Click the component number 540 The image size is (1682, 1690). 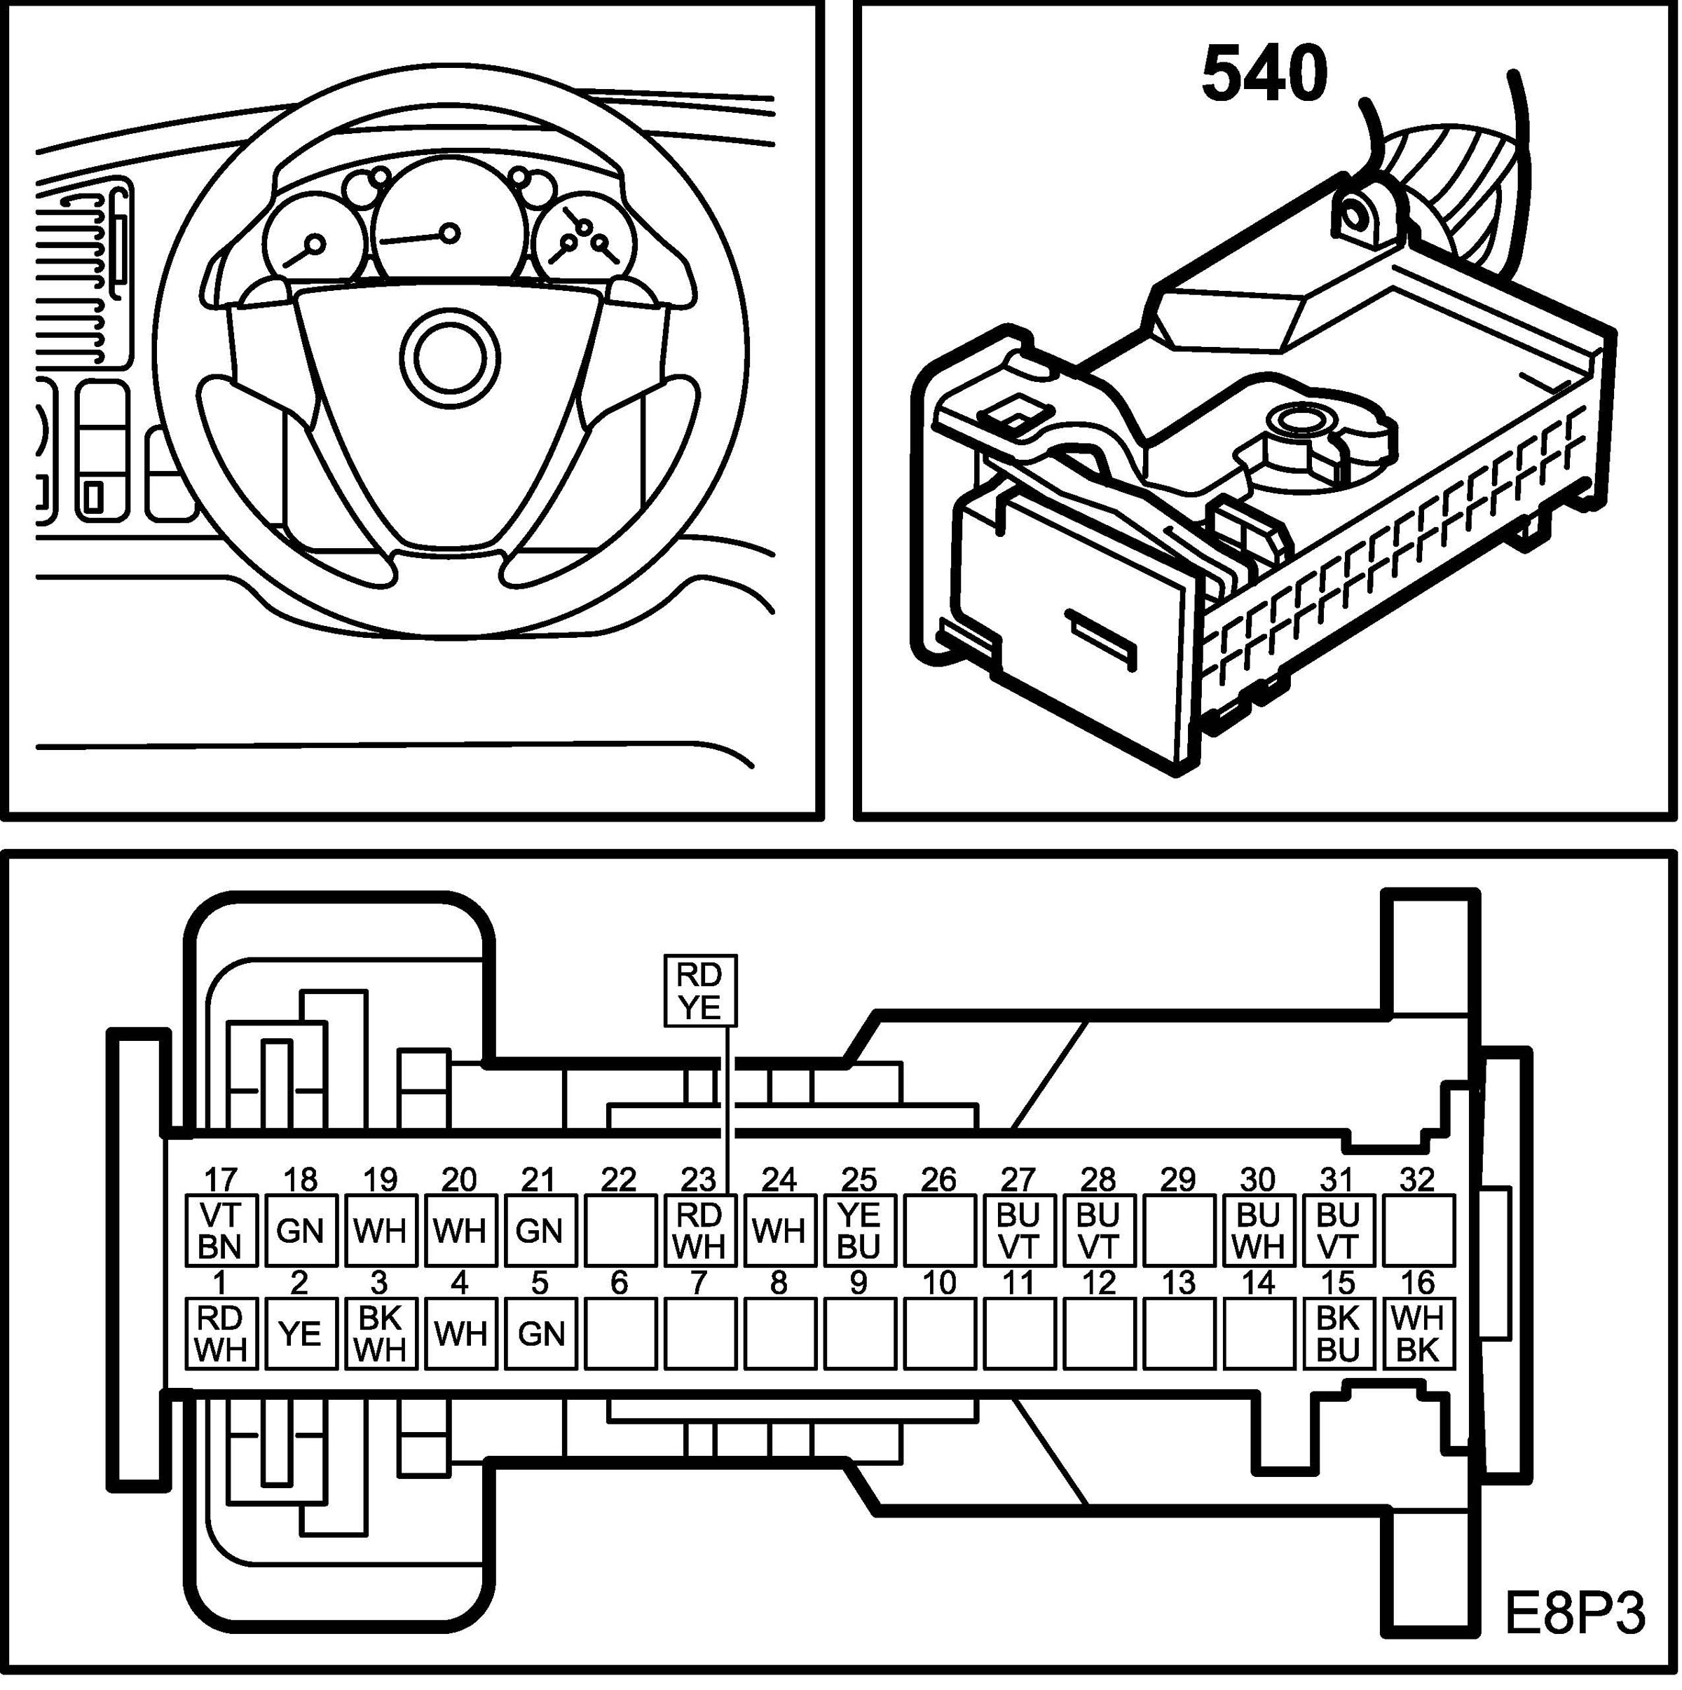pyautogui.click(x=1264, y=74)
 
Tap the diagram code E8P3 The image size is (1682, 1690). pyautogui.click(x=1573, y=1613)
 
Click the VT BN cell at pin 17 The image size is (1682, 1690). pyautogui.click(x=221, y=1230)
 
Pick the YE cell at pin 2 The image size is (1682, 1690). pyautogui.click(x=300, y=1333)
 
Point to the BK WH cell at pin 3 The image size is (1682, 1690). pyautogui.click(x=381, y=1333)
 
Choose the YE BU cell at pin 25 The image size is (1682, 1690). pyautogui.click(x=859, y=1230)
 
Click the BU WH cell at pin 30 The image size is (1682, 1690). pyautogui.click(x=1259, y=1230)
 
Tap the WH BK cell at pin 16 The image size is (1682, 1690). pyautogui.click(x=1418, y=1333)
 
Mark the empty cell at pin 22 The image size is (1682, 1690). pyautogui.click(x=620, y=1230)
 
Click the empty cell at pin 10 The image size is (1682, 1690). pyautogui.click(x=939, y=1333)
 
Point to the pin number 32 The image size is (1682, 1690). pyautogui.click(x=1417, y=1179)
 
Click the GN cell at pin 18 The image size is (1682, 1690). pyautogui.click(x=300, y=1230)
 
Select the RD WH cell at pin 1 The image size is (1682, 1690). pyautogui.click(x=221, y=1333)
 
